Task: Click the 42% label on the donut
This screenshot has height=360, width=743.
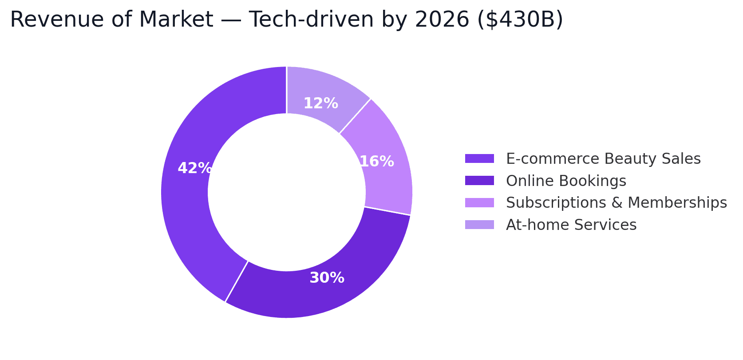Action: [194, 169]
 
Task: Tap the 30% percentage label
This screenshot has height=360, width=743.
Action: [327, 278]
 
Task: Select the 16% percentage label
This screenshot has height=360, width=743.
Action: [376, 162]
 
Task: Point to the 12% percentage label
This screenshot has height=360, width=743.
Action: [320, 104]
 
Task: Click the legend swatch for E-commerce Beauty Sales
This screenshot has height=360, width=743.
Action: [479, 159]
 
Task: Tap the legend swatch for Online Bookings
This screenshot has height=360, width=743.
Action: [479, 181]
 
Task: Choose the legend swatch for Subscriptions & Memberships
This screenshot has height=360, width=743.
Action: [479, 203]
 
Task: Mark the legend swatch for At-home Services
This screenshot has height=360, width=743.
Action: [479, 225]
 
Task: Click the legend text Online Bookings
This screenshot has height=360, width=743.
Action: [566, 181]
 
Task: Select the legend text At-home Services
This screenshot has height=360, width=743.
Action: [571, 225]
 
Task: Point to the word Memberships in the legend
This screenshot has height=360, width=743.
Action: [677, 203]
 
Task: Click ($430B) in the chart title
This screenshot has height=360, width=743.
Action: [520, 20]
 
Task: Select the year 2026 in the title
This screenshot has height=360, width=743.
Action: [442, 20]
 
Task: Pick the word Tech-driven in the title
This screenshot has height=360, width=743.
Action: [311, 20]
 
